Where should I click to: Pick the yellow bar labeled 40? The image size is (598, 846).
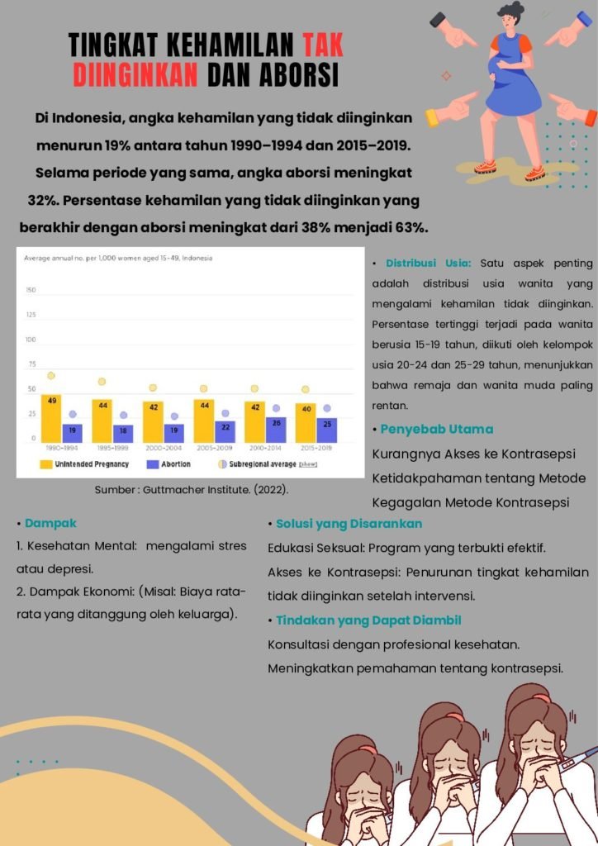[306, 422]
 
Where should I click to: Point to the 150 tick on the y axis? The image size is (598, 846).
[31, 290]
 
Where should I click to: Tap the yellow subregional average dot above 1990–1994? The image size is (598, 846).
[50, 376]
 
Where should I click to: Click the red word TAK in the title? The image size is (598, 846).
[323, 45]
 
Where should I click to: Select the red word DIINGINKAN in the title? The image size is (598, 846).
[135, 75]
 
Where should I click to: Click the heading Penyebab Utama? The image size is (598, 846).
[436, 430]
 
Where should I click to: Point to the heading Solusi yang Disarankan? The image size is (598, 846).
[349, 524]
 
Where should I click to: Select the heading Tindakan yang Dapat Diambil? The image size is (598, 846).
[368, 620]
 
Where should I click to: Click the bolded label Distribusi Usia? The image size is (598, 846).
[428, 263]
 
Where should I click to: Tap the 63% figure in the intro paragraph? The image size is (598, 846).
[411, 227]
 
